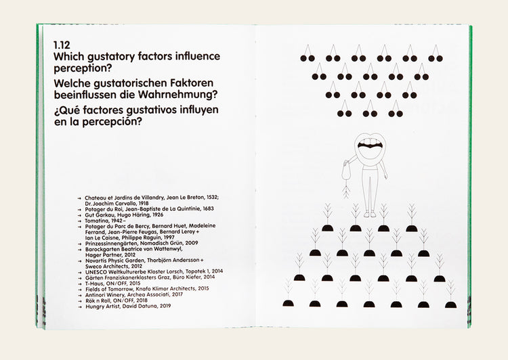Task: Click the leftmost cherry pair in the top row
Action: point(308,54)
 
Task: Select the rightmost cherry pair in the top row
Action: point(435,54)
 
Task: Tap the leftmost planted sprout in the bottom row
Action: point(288,297)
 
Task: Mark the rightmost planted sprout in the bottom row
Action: point(450,297)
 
